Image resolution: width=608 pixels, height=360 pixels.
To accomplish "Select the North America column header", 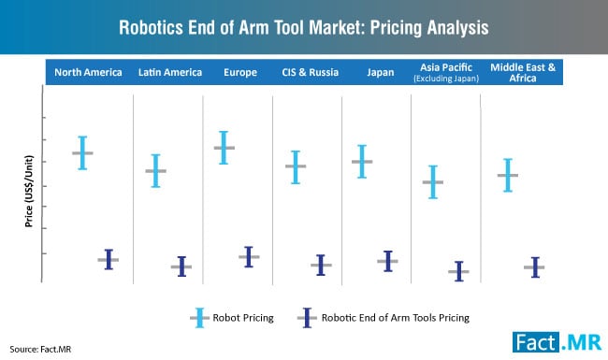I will coord(89,72).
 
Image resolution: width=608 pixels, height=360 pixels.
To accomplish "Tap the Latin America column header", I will coord(167,72).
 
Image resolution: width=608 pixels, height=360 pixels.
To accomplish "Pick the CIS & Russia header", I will coord(306,72).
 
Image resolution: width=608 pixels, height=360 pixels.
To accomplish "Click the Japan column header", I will coord(374,72).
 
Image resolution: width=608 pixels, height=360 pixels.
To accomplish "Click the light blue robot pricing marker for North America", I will coord(82,152).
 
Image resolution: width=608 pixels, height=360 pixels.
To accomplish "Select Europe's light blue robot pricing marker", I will coord(224,148).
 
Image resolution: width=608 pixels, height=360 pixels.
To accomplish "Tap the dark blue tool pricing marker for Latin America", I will coord(181,266).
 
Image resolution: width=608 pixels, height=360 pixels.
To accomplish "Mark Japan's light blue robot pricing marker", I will coord(362,162).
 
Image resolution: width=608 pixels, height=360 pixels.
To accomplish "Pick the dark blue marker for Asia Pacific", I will coord(458,271).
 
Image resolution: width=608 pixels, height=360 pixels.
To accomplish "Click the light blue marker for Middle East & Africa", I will coord(508,175).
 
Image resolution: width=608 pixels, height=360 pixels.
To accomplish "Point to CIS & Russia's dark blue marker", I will coord(321,266).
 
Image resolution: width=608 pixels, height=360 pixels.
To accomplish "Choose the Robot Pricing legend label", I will coord(243,318).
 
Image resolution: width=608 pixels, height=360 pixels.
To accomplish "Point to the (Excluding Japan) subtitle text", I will coord(444,79).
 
